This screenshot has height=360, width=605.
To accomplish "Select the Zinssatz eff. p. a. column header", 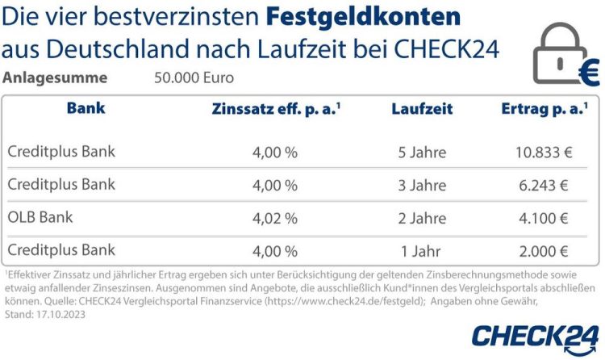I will click(275, 109).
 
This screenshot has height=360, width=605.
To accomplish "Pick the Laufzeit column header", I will click(422, 109).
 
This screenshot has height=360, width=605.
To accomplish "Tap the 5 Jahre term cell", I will click(422, 152).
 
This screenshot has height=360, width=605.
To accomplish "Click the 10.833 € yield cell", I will click(542, 152).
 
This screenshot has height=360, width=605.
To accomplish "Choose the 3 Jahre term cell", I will click(422, 185).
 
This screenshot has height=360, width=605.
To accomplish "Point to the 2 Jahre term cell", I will click(422, 218).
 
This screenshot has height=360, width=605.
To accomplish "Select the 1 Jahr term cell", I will click(422, 250).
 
